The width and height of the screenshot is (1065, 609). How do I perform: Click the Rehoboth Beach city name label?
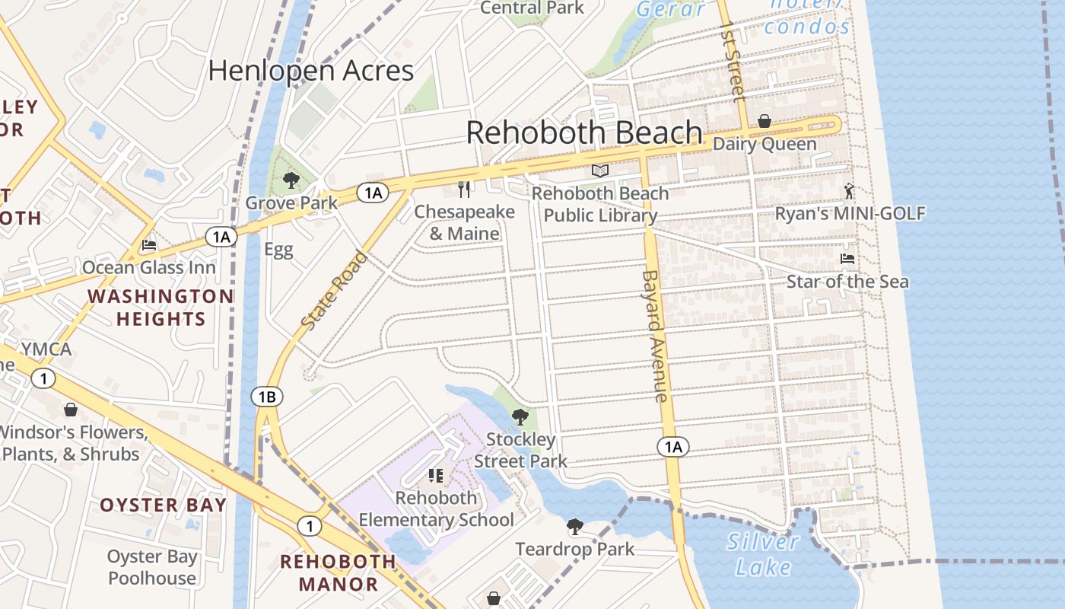tap(583, 132)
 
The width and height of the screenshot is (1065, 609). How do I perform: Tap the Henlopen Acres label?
tap(310, 71)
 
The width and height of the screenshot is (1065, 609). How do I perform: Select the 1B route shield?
tap(266, 397)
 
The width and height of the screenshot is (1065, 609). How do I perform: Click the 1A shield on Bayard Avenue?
tap(673, 447)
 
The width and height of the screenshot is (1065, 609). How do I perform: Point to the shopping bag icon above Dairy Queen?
tap(764, 121)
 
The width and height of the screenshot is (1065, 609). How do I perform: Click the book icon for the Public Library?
tap(600, 171)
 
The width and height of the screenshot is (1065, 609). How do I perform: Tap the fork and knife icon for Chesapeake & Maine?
tap(464, 188)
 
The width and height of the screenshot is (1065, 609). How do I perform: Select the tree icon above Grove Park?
tap(291, 180)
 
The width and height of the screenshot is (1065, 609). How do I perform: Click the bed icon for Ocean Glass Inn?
tap(149, 245)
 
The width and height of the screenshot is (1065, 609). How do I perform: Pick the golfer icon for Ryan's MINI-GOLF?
tap(849, 191)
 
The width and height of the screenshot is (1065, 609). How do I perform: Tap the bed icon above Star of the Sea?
tap(847, 259)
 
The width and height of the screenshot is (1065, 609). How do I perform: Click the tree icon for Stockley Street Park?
tap(520, 416)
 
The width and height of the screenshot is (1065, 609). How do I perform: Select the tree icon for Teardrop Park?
tap(575, 526)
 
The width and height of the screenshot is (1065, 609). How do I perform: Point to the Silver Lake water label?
tap(762, 554)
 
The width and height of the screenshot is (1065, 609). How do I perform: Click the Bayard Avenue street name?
tap(654, 336)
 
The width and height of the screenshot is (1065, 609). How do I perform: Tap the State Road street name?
tap(334, 291)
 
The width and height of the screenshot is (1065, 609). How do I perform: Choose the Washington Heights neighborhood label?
tap(161, 307)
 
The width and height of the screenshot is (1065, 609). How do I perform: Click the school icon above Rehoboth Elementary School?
tap(436, 476)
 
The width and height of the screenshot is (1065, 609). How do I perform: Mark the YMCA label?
tap(46, 349)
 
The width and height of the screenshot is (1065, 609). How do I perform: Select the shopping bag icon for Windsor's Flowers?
tap(71, 410)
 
